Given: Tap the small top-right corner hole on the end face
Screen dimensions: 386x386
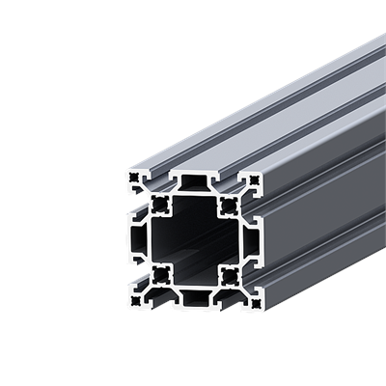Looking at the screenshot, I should pos(254,179).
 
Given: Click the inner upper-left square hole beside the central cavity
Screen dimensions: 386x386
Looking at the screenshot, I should pos(157,204).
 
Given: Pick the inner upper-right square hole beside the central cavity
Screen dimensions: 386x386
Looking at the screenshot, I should pos(229,204).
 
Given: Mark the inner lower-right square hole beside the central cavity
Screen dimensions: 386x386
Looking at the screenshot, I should pos(229,276).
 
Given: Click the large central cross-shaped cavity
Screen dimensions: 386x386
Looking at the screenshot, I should pos(193,239).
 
